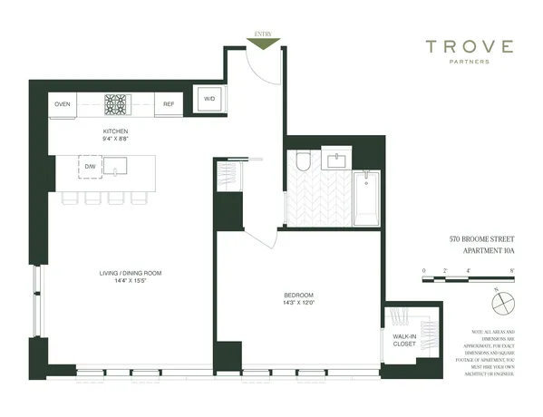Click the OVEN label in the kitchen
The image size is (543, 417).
pyautogui.click(x=63, y=104)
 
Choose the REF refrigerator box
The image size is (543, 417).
pyautogui.click(x=169, y=104)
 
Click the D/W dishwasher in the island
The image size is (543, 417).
pyautogui.click(x=91, y=168)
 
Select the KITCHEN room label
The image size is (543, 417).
pyautogui.click(x=117, y=132)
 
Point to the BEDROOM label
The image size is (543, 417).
pyautogui.click(x=297, y=296)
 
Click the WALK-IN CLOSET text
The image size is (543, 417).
pyautogui.click(x=404, y=340)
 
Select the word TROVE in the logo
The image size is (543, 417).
pyautogui.click(x=470, y=47)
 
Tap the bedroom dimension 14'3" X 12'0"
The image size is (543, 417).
pyautogui.click(x=297, y=305)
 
